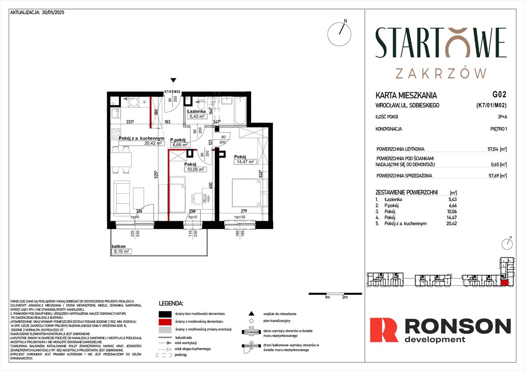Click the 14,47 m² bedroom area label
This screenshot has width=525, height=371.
246,162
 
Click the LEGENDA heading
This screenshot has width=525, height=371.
171,304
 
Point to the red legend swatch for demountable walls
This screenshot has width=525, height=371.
164,321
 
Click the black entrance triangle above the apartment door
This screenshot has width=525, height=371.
173,81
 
